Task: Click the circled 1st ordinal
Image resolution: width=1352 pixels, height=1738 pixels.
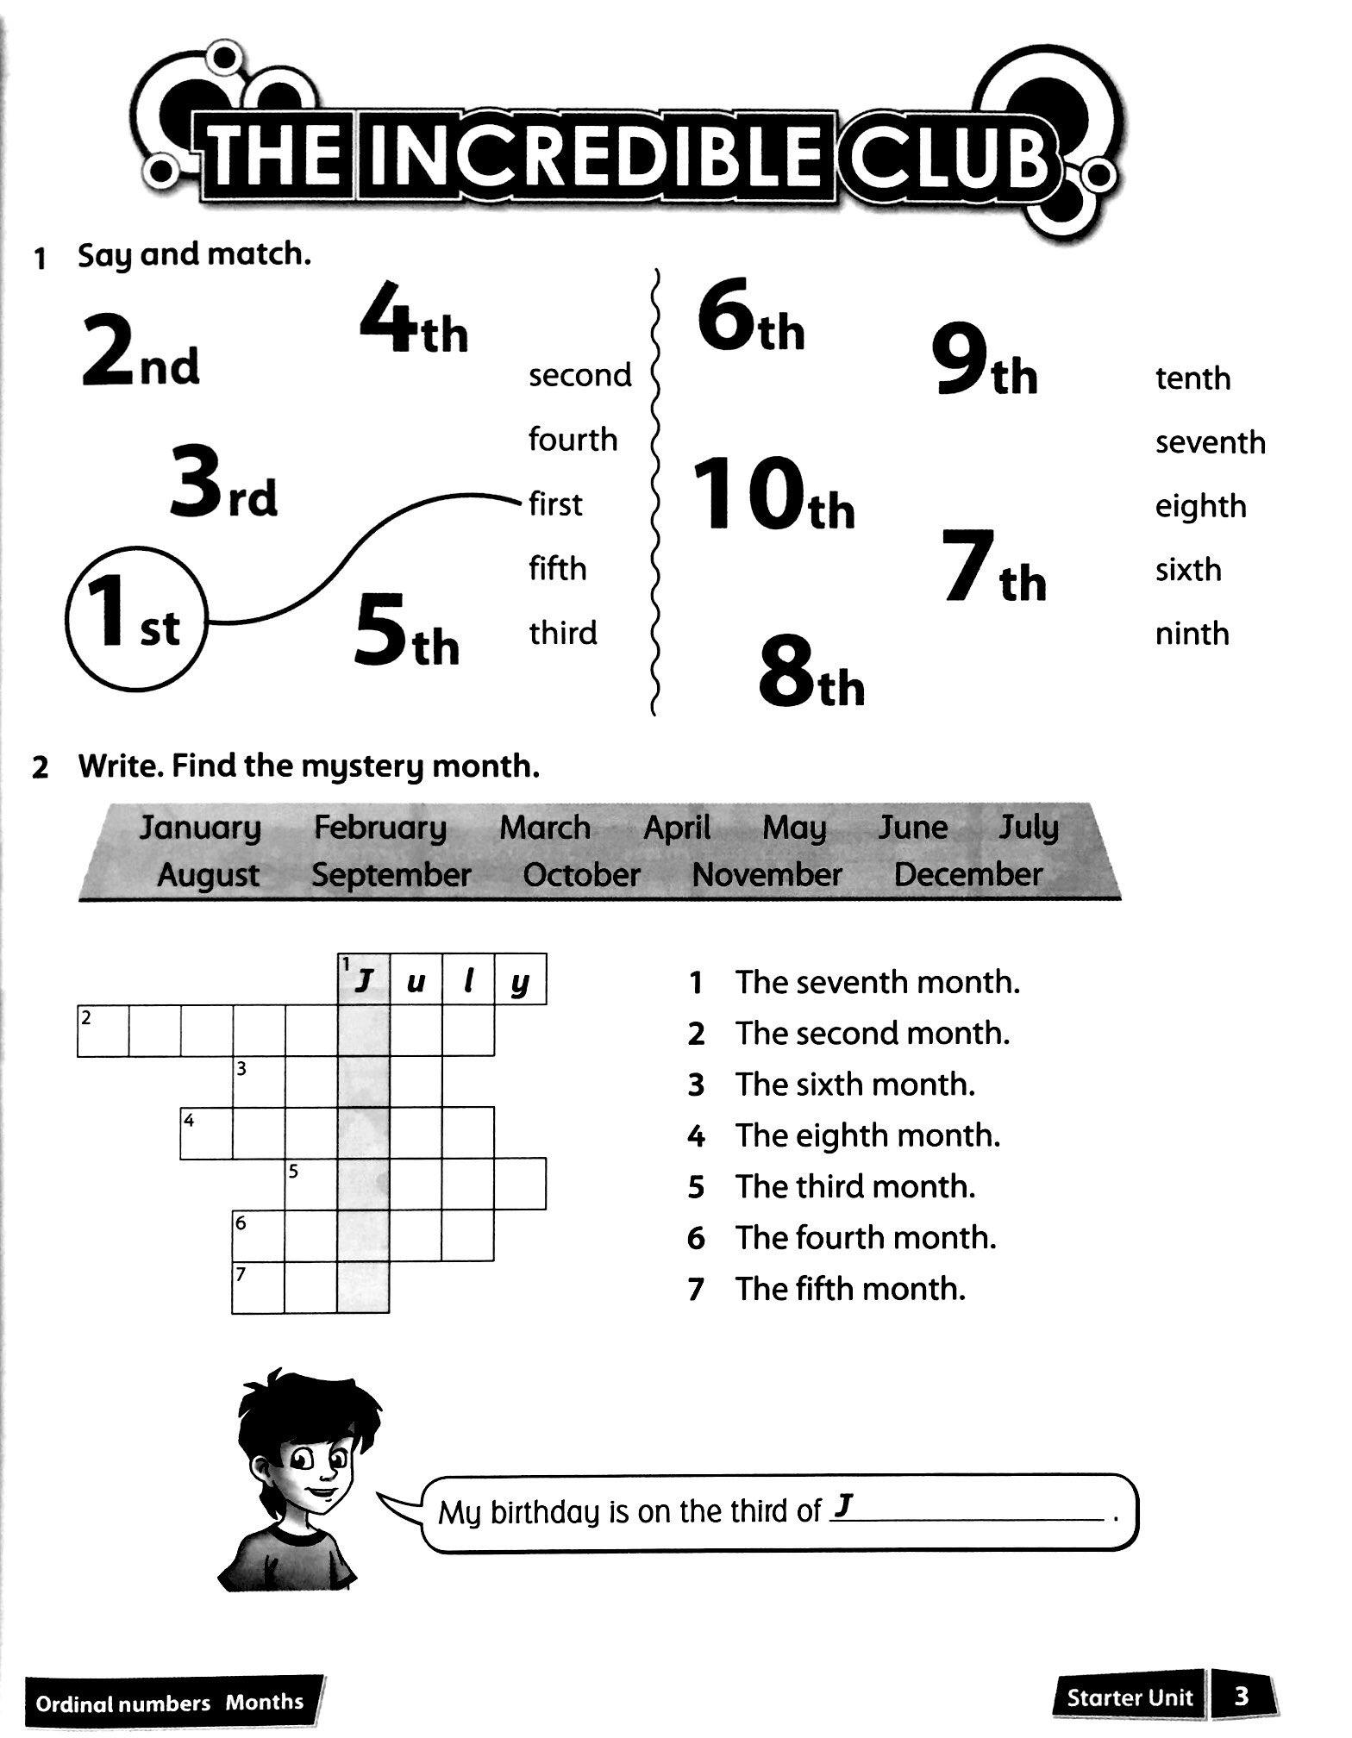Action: [x=136, y=620]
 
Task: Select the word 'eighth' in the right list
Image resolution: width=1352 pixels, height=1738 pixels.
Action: [x=1200, y=506]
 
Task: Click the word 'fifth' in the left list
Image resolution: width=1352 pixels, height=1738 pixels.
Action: [x=557, y=569]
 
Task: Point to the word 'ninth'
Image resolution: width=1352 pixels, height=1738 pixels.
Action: [x=1192, y=634]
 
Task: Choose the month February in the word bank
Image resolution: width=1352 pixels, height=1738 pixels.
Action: [x=379, y=828]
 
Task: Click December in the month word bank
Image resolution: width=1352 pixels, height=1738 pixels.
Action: [x=967, y=875]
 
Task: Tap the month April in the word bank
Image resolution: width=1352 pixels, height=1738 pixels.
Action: [x=677, y=828]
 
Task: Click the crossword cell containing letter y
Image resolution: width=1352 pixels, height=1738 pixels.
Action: [x=520, y=980]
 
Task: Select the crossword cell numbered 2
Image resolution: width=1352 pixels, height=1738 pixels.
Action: [x=103, y=1031]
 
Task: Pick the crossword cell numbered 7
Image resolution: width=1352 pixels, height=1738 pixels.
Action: [x=258, y=1288]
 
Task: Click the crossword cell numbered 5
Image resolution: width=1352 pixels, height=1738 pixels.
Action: [x=310, y=1185]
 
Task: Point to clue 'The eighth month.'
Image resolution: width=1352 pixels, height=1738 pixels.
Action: [x=867, y=1135]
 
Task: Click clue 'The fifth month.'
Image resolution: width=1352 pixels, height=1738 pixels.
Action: [x=849, y=1289]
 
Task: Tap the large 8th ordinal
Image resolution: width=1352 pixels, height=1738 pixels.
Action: [x=811, y=672]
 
